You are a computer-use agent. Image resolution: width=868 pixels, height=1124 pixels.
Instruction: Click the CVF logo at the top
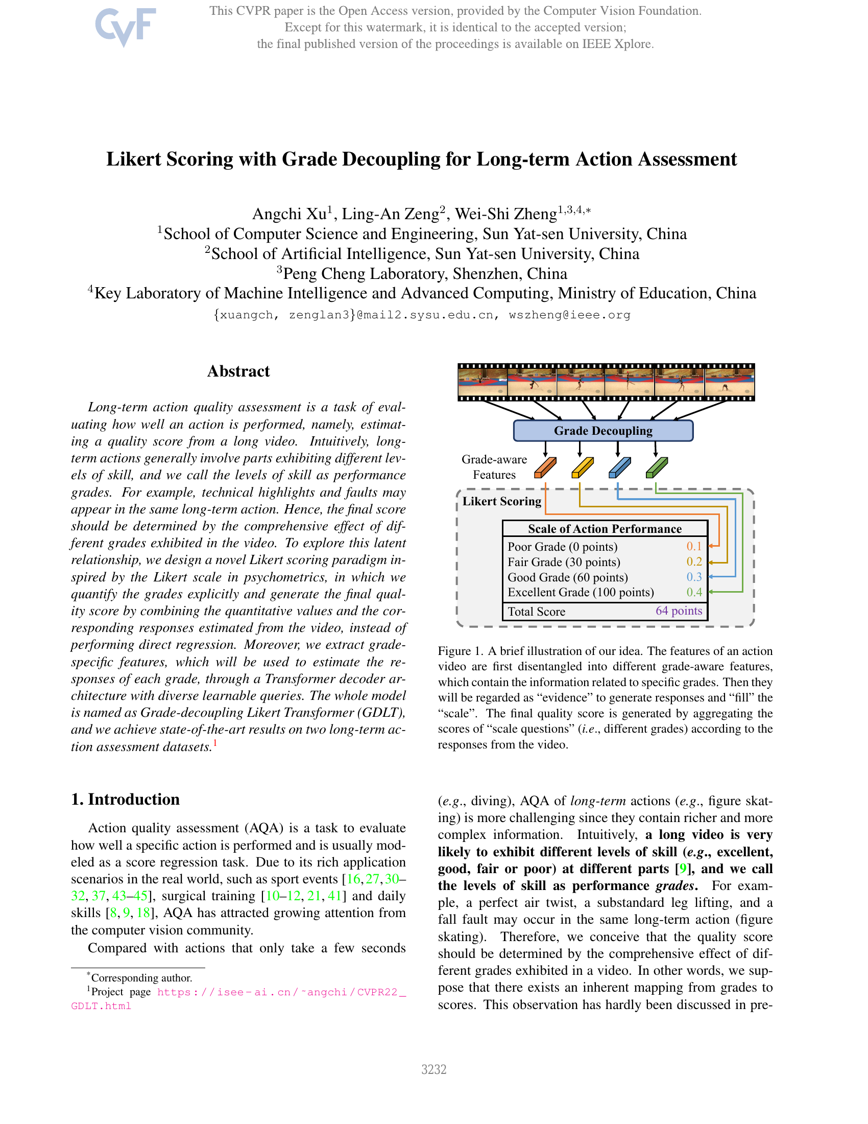pos(126,26)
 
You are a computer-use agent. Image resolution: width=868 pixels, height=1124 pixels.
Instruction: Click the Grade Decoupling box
pos(602,431)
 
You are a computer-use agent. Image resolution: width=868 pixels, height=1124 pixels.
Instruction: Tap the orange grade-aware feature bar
pos(545,468)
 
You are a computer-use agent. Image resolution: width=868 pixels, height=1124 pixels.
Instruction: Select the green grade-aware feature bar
pos(657,468)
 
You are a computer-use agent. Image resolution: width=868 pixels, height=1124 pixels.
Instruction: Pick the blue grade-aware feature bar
pos(620,468)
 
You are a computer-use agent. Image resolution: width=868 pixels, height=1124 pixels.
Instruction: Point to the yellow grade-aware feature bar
pos(583,468)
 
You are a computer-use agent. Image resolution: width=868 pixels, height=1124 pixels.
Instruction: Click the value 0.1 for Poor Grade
pos(694,547)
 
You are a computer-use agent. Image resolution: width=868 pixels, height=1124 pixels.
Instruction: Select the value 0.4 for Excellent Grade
pos(694,592)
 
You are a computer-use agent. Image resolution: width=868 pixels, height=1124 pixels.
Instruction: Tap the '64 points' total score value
pos(678,611)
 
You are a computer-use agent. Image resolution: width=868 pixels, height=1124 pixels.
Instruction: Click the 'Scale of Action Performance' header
pos(605,529)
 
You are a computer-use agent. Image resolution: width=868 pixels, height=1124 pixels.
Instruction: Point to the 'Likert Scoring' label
pos(502,501)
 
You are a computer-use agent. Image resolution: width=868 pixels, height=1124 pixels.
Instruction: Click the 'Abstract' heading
pos(238,371)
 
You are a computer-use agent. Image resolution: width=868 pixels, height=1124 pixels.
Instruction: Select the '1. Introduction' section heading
pos(126,799)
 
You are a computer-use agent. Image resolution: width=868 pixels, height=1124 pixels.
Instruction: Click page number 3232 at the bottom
pos(433,1070)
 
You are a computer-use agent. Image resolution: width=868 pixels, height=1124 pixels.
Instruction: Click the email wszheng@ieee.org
pos(569,315)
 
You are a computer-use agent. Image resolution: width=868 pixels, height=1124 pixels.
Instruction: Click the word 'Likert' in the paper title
pos(134,159)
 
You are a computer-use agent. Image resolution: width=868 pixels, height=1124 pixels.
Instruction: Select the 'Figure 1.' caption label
pos(460,651)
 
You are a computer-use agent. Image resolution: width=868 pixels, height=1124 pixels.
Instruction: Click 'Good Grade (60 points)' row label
pos(568,577)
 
